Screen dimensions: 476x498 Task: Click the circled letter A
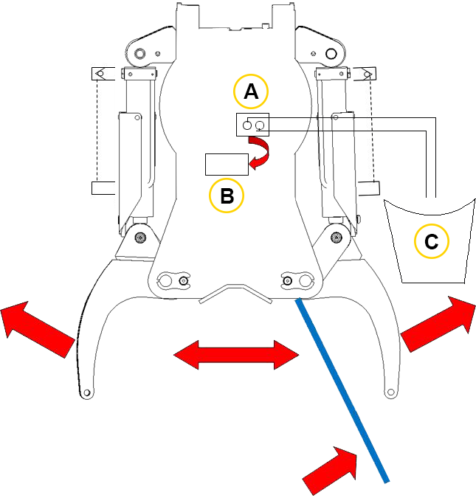[x=251, y=91]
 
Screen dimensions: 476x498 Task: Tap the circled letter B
[x=227, y=196]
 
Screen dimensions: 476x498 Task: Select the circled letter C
[x=432, y=241]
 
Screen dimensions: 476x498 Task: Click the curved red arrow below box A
[x=259, y=153]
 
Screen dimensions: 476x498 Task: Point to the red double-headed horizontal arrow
[x=236, y=355]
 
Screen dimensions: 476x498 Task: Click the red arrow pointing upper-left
[x=38, y=329]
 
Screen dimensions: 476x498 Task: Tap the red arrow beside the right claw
[x=439, y=324]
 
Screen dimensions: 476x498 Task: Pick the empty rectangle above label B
[x=227, y=165]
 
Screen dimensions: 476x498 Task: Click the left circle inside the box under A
[x=247, y=125]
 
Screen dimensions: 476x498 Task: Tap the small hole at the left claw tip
[x=86, y=393]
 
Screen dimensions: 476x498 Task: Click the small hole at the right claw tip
[x=391, y=392]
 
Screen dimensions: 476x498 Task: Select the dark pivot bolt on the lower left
[x=140, y=238]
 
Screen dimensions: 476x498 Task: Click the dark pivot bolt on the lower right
[x=337, y=237]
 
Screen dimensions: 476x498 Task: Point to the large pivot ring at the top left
[x=139, y=53]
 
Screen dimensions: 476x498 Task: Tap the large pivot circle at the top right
[x=331, y=54]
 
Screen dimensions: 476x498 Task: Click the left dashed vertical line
[x=97, y=131]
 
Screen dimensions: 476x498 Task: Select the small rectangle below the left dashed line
[x=103, y=187]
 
